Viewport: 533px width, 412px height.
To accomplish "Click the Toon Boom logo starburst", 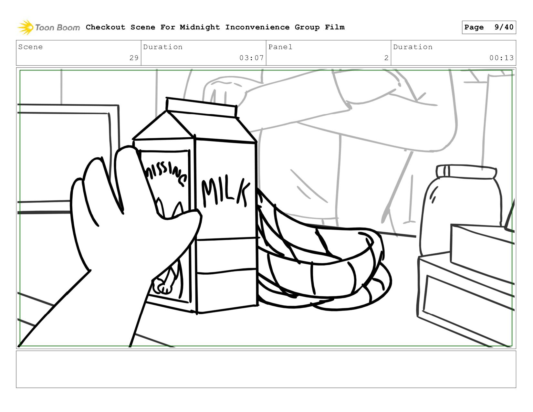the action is [x=25, y=27].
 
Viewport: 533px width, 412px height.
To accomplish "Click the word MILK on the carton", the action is [x=225, y=191].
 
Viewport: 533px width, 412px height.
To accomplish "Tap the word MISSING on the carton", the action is [x=166, y=174].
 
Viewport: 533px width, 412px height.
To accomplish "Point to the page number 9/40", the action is [x=504, y=27].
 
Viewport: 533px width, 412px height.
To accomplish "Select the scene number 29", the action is [x=134, y=58].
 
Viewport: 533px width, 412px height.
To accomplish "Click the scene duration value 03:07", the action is [x=251, y=58].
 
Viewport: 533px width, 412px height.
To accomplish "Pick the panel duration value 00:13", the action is [x=501, y=58].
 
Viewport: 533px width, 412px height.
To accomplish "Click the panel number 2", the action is [x=386, y=58].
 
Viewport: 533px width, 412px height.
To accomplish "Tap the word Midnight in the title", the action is [x=200, y=27].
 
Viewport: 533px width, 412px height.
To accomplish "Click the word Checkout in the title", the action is [x=106, y=27].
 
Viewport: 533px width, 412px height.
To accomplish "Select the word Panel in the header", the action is [x=280, y=47].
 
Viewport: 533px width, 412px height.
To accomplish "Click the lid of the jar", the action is [x=466, y=172].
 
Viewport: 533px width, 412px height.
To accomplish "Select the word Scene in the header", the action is [x=30, y=47].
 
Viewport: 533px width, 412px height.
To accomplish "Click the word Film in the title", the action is [x=335, y=27].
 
